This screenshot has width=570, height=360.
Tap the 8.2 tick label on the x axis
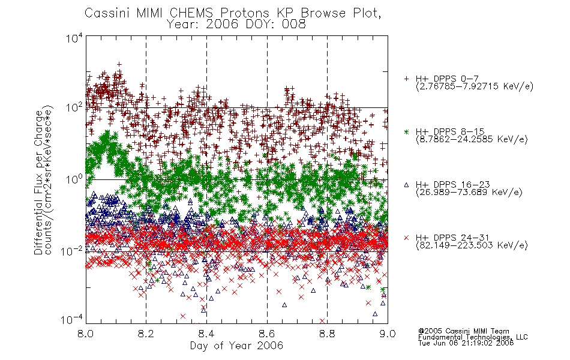click(146, 334)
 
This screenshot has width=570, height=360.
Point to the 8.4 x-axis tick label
click(206, 334)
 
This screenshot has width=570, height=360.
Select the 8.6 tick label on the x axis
click(267, 334)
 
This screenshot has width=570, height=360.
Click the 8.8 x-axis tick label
click(327, 334)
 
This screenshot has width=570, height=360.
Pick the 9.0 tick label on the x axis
click(388, 334)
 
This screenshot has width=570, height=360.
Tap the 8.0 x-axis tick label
click(86, 334)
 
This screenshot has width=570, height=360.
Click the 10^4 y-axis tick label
click(74, 38)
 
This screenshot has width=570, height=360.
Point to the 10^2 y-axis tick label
click(74, 108)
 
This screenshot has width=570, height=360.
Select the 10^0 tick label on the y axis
click(74, 179)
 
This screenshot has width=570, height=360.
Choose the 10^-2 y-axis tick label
click(72, 251)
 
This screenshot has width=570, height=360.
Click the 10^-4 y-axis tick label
click(72, 320)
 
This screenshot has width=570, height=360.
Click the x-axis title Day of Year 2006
click(236, 346)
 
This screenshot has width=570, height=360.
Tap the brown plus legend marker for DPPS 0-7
click(406, 79)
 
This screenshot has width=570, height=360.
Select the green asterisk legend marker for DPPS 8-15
click(406, 131)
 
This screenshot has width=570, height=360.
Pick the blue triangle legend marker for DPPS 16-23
click(406, 185)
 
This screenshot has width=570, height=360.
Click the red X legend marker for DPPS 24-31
click(406, 238)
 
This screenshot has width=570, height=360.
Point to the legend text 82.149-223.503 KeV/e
click(472, 245)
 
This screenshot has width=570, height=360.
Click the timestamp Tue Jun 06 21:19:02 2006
click(466, 343)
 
